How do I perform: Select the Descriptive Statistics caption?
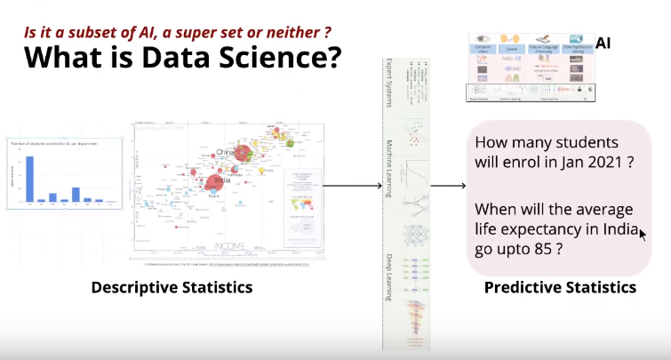(172, 287)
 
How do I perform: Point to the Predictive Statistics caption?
(560, 287)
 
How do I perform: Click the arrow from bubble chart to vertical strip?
(346, 186)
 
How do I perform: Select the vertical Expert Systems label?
(387, 84)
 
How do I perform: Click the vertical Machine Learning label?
(387, 173)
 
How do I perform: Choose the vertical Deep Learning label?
(387, 276)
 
